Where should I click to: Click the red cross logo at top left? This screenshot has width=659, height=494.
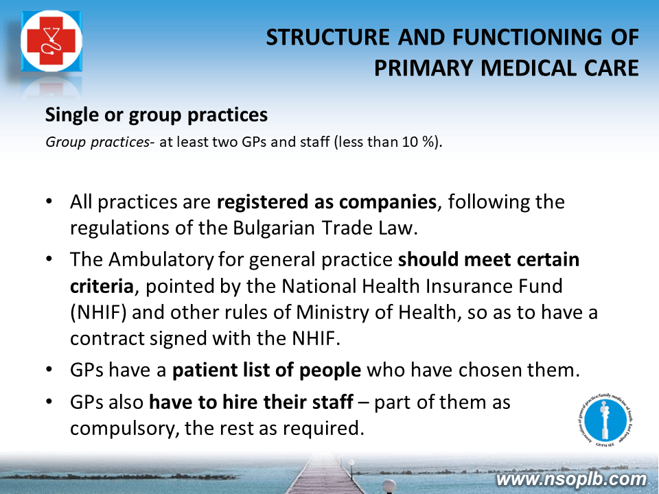pos(51,41)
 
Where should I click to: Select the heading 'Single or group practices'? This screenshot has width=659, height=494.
pos(157,115)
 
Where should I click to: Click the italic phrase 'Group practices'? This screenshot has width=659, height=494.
pos(97,143)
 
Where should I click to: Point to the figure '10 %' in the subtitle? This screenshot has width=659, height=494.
pos(417,142)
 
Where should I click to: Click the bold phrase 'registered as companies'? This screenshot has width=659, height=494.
pos(327,202)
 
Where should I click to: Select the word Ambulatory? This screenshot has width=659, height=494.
pos(161,259)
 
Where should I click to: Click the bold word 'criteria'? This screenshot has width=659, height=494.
pos(102,286)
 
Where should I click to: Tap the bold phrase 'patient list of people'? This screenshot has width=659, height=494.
pos(266,370)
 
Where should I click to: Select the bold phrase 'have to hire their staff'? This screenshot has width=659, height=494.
pos(251,402)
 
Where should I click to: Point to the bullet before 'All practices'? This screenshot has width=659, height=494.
pos(49,201)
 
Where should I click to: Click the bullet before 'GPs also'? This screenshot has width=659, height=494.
pos(49,401)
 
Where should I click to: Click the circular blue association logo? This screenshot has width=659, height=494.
pos(605,421)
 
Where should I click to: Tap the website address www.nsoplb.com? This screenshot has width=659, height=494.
pos(571,480)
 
